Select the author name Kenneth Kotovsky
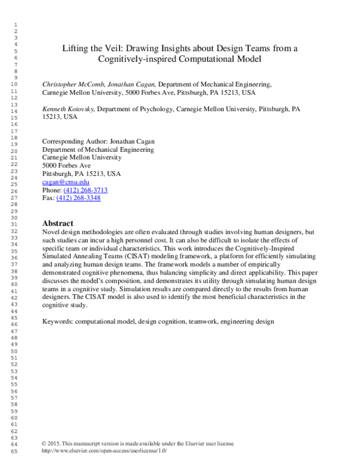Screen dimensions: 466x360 pos(68,110)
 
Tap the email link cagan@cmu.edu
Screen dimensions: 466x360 pos(66,182)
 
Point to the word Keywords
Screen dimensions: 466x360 pos(57,321)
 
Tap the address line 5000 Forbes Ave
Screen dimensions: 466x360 pos(67,166)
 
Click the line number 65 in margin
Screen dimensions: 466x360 pos(14,450)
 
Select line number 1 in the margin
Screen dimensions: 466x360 pos(14,24)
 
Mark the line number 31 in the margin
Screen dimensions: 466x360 pos(14,224)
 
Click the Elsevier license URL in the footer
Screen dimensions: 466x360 pos(104,450)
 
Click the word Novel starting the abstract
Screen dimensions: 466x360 pos(52,231)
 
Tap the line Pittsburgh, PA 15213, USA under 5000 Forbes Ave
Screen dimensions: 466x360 pos(81,174)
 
